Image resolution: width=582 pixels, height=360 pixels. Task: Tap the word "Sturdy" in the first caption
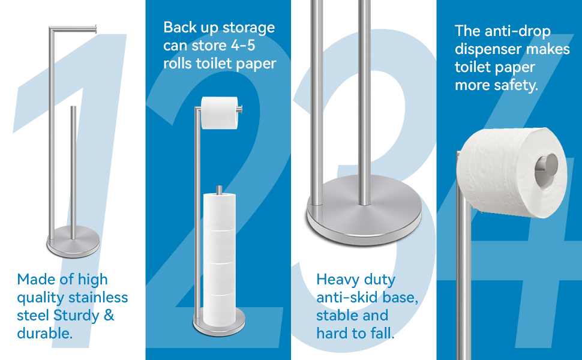[x=76, y=316]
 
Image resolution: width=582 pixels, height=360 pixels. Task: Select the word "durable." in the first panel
[x=44, y=333]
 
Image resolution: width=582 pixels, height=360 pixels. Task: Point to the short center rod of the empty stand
[x=73, y=173]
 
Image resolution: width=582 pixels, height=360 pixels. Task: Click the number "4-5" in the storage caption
[x=243, y=46]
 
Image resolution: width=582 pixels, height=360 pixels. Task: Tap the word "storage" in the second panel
[x=248, y=28]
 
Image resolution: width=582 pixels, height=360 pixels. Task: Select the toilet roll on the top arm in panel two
[x=220, y=113]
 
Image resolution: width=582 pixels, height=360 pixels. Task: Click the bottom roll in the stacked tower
[x=220, y=310]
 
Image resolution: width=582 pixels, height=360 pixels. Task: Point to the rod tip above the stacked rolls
[x=219, y=190]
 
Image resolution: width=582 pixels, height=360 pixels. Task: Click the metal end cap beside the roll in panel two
[x=240, y=109]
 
